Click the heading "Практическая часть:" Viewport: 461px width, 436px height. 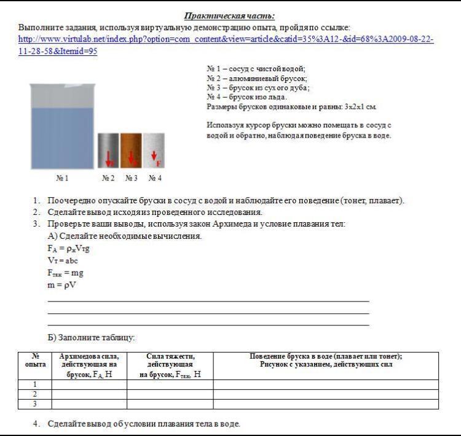coord(229,15)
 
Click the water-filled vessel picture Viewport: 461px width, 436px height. coord(62,127)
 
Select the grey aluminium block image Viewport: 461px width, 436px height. coord(108,150)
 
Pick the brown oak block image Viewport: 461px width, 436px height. coord(131,150)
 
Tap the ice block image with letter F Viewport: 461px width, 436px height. coord(154,150)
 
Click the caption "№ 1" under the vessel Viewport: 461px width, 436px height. coord(62,179)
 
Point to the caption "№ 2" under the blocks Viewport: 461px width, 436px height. coord(108,179)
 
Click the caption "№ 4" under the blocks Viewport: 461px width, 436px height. coord(154,179)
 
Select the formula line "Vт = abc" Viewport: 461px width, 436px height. coord(63,260)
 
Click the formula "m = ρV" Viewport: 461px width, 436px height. coord(62,285)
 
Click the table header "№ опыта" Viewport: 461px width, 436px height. coord(35,360)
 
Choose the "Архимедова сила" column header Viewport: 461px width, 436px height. coord(89,365)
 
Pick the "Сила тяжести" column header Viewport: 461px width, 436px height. coord(170,365)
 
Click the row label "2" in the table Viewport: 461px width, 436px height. coord(35,394)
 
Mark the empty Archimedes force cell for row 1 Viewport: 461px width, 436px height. coord(89,384)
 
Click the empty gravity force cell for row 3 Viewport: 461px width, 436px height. coord(170,404)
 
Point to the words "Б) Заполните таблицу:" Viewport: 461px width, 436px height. coord(91,337)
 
